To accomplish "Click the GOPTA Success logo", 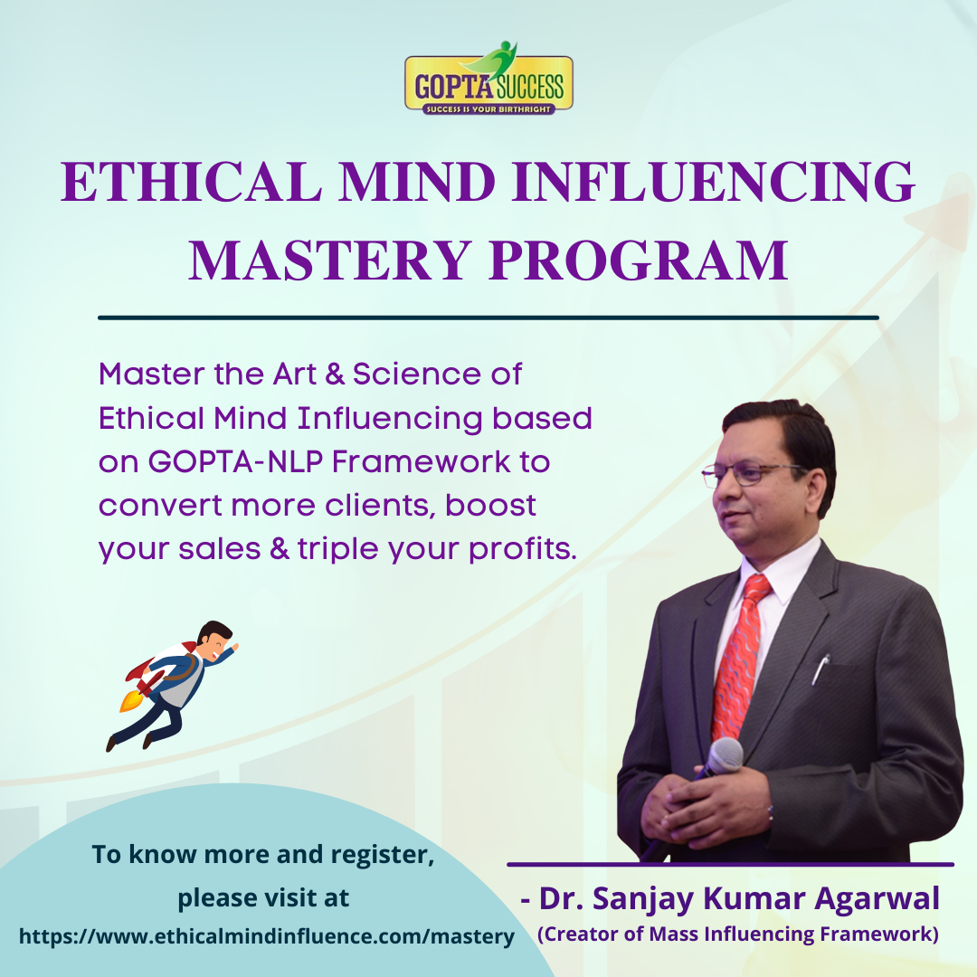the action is [488, 79].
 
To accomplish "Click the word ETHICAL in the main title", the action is [191, 182].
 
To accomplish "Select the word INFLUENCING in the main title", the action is [713, 182].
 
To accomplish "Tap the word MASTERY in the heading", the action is [329, 260].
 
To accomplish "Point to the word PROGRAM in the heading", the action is [639, 260].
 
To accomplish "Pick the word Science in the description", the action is [416, 374].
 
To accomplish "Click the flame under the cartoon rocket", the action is [129, 701].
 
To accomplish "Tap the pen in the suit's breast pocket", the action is [820, 669].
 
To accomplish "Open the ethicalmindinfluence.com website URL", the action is [267, 936].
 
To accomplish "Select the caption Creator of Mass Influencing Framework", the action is [738, 934].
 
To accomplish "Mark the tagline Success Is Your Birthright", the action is [488, 109].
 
